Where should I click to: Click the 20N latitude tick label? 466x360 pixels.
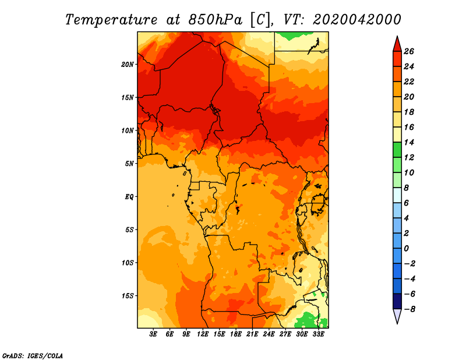pos(128,64)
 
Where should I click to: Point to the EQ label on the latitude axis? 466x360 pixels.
pos(129,196)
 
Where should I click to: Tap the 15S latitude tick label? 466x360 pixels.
pos(128,296)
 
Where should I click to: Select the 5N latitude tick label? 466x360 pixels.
pos(129,164)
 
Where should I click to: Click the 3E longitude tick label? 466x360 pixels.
pos(153,334)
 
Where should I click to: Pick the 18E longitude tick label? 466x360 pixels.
pos(236,334)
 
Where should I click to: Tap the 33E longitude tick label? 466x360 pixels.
pos(318,334)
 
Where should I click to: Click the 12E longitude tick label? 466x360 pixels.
pos(203,334)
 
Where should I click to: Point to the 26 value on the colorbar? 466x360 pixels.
pos(409,51)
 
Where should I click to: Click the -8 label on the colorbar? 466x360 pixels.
pos(409,309)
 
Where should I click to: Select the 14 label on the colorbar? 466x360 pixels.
pos(409,142)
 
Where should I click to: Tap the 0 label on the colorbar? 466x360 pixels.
pos(406,249)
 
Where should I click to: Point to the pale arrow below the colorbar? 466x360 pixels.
pos(397,315)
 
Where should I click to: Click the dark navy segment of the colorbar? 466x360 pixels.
pos(397,301)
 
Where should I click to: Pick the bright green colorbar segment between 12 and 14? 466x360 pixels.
pos(397,150)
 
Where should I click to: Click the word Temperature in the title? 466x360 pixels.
pos(111,20)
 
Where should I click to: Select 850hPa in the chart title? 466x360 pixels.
pos(215,20)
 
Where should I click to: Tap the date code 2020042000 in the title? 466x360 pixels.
pos(357,20)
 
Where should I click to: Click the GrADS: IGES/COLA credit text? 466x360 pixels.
pos(33,356)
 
